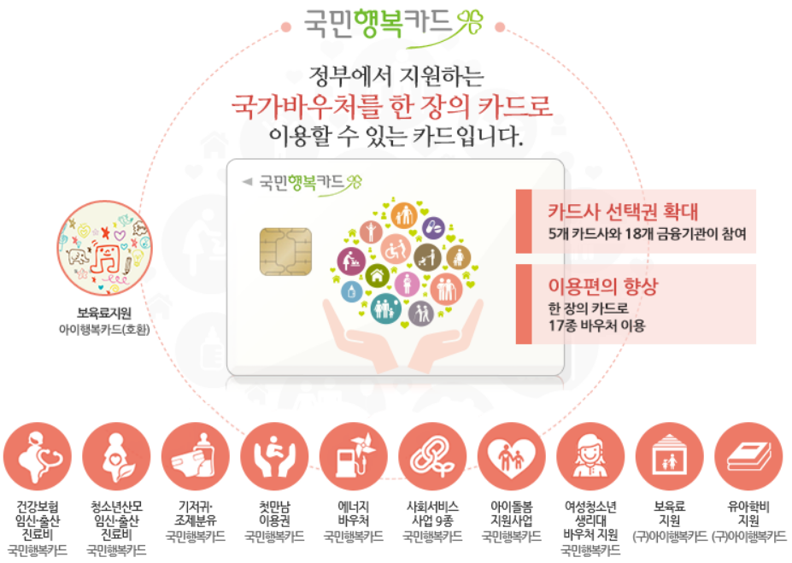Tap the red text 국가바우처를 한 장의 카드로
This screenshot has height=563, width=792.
[x=393, y=108]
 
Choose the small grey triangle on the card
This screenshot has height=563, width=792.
[x=248, y=181]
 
